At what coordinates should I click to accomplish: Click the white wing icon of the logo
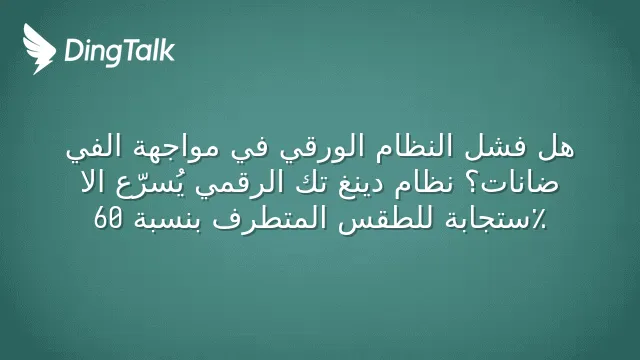[39, 49]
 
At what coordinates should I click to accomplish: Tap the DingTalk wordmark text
[120, 52]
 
